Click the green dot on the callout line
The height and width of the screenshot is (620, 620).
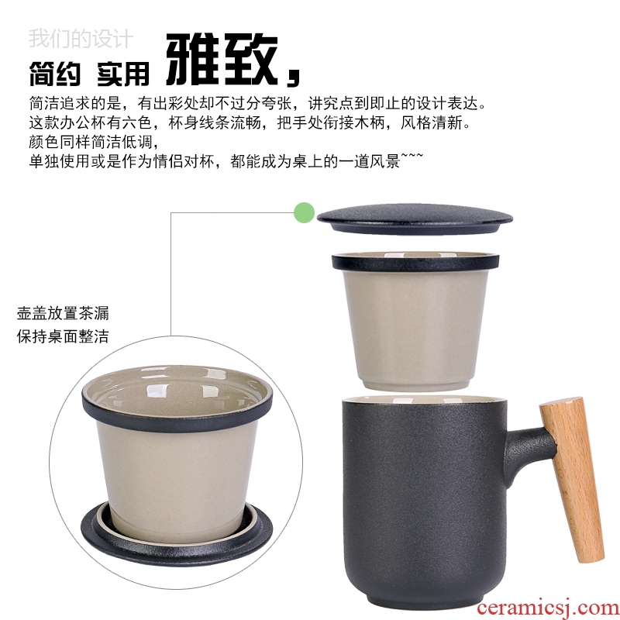tap(304, 212)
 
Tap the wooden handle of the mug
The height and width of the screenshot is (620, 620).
tap(572, 479)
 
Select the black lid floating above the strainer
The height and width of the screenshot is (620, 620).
tap(415, 219)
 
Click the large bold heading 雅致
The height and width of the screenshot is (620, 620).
tap(222, 59)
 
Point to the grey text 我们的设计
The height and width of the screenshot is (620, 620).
tap(81, 38)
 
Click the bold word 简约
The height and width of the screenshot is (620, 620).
tap(55, 74)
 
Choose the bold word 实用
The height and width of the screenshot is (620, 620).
tap(123, 74)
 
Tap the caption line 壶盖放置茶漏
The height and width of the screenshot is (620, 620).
tap(63, 313)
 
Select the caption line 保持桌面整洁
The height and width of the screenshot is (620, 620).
tap(63, 336)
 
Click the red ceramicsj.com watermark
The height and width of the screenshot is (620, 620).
tap(548, 608)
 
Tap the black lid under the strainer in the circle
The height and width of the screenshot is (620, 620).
tap(177, 533)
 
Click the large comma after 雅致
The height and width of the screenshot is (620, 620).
tap(293, 77)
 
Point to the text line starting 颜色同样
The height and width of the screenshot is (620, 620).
tap(94, 142)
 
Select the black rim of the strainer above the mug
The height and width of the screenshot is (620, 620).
tap(415, 263)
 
